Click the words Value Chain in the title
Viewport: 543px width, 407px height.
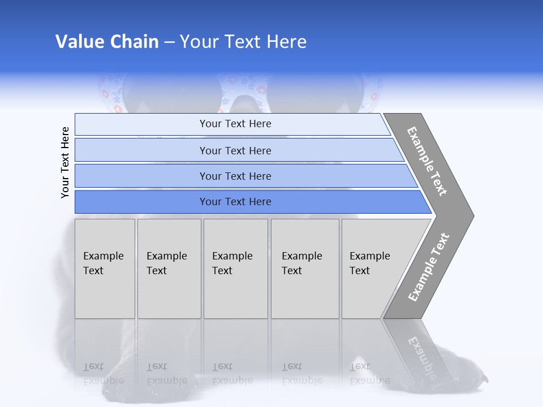[107, 42]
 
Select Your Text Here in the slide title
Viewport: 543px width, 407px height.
[243, 42]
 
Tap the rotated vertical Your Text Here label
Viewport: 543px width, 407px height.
[65, 163]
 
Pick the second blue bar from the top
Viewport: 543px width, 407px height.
[235, 150]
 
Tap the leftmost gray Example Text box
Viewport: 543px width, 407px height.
[105, 269]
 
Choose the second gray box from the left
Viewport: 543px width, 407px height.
[169, 269]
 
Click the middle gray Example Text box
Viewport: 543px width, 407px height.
[235, 269]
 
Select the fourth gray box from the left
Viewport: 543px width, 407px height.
[305, 269]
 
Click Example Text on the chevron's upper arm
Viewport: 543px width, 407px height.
[428, 161]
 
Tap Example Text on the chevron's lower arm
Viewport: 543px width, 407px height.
[429, 267]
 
